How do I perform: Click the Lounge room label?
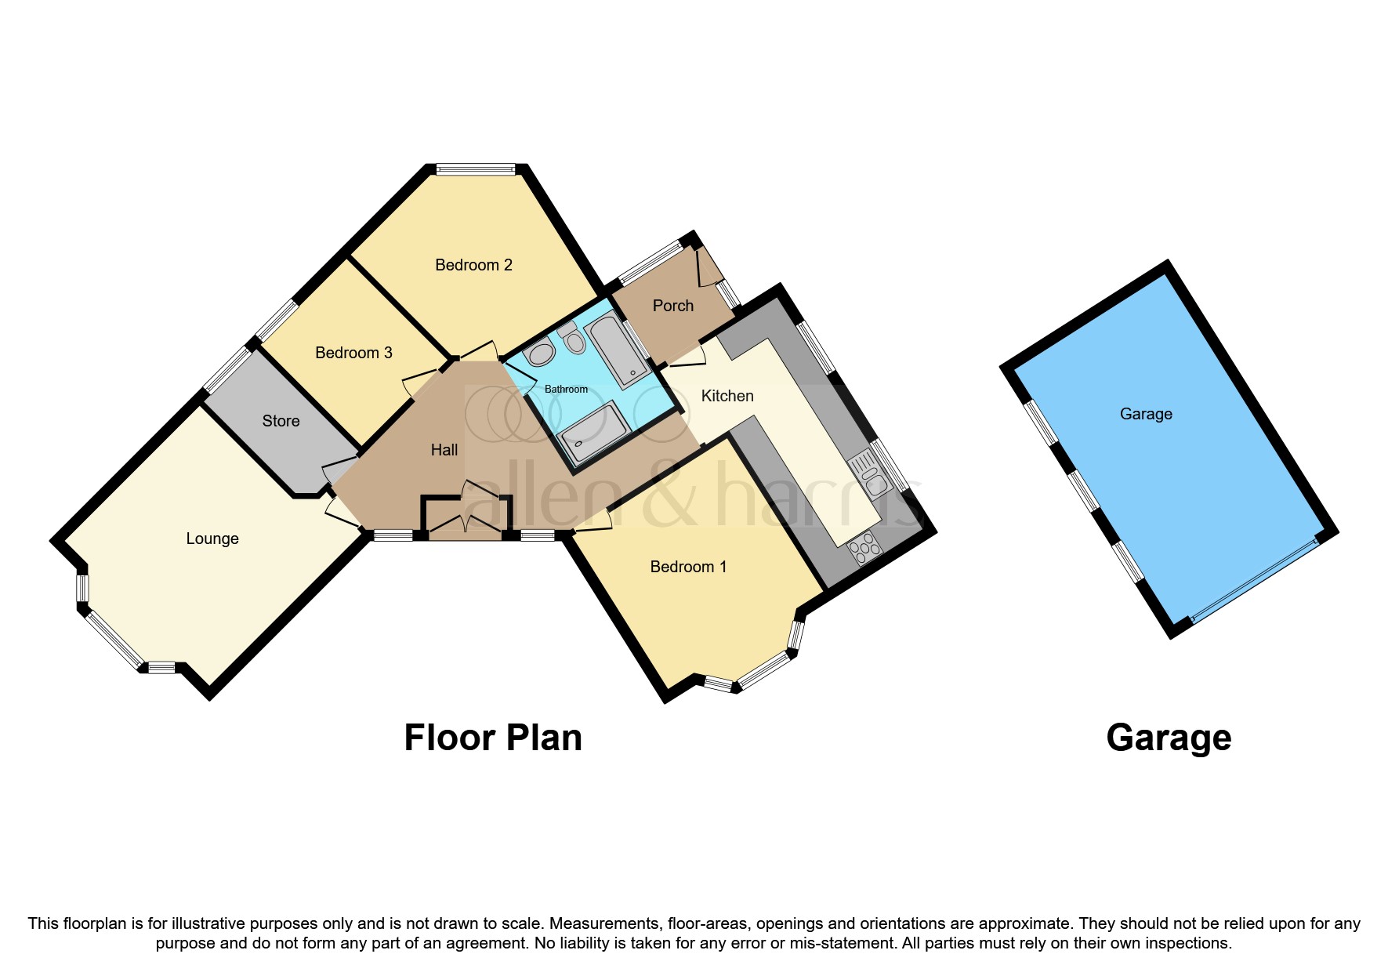click(x=212, y=539)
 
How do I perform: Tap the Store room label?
click(x=281, y=421)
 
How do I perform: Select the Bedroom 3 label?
click(x=353, y=353)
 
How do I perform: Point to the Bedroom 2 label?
click(x=473, y=265)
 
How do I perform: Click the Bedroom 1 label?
click(x=688, y=567)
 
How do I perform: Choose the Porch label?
click(x=672, y=306)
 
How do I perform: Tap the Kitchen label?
click(x=727, y=396)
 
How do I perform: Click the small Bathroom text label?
click(x=566, y=389)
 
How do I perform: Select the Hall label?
click(x=444, y=450)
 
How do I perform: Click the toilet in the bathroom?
click(x=574, y=339)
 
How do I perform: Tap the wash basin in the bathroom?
click(x=540, y=354)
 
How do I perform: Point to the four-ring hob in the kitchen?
click(x=864, y=547)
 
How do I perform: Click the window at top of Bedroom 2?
click(x=476, y=168)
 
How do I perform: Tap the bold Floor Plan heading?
click(x=492, y=738)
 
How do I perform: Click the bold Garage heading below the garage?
click(x=1168, y=738)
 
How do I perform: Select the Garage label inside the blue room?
click(x=1145, y=414)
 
